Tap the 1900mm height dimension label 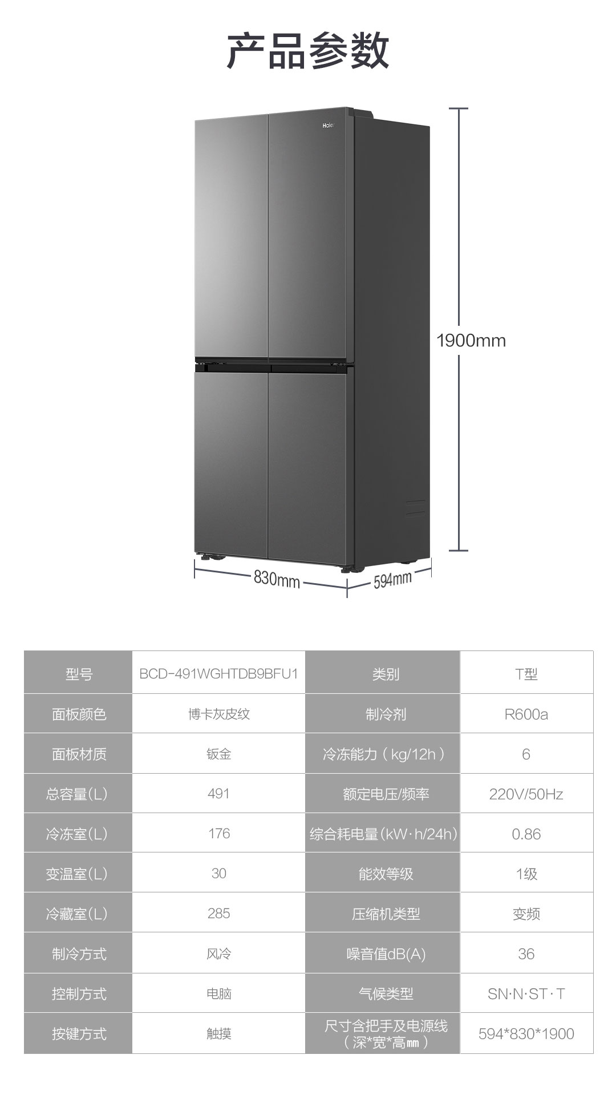(x=471, y=341)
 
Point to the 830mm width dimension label (x=277, y=579)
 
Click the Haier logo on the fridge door (x=329, y=126)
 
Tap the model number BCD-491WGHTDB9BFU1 (x=218, y=673)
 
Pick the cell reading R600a (x=526, y=714)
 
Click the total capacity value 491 (x=218, y=794)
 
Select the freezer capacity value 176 (x=218, y=834)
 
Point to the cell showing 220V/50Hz (x=526, y=794)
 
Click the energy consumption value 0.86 (x=526, y=834)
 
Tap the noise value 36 (x=526, y=954)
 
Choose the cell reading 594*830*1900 (x=526, y=1034)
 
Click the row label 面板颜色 (x=79, y=714)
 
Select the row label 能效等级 (x=386, y=874)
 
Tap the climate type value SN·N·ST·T (x=526, y=994)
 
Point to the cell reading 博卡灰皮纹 (x=218, y=714)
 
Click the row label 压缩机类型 (x=386, y=914)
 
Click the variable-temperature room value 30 (x=218, y=874)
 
